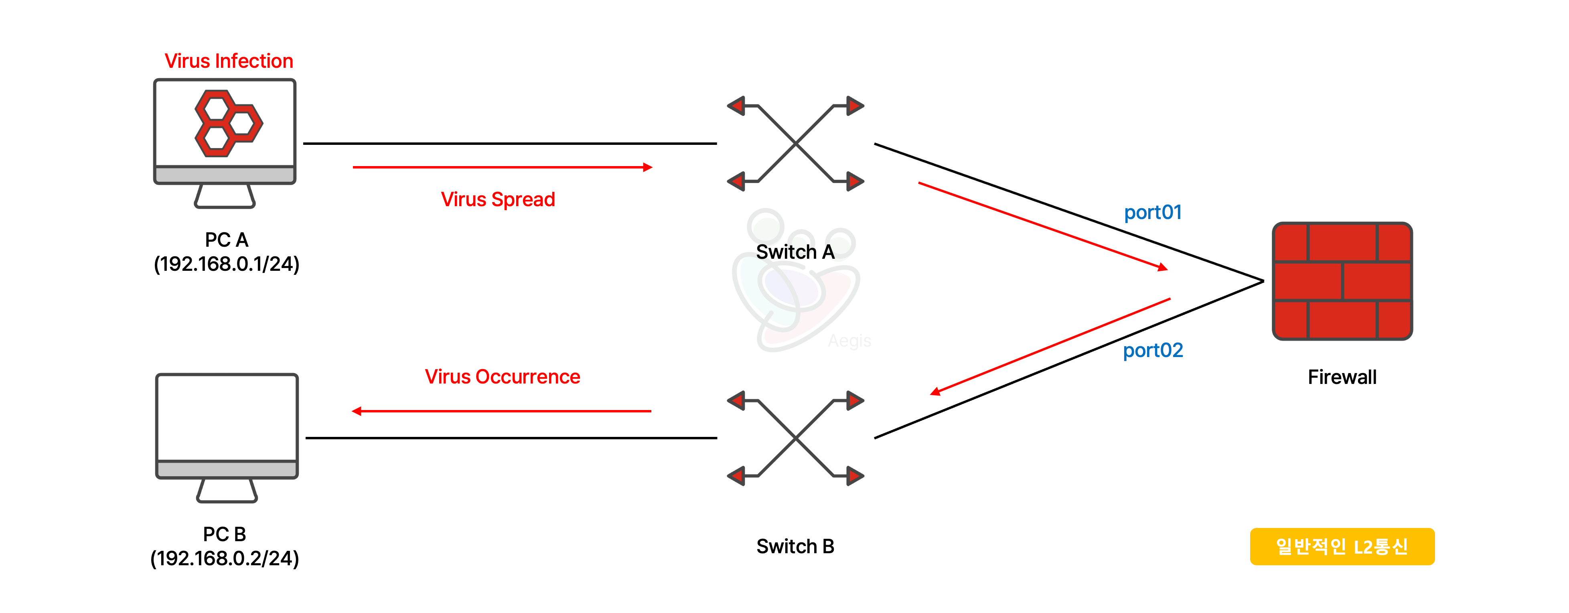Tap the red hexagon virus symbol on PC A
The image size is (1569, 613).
228,123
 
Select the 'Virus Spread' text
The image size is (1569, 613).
498,199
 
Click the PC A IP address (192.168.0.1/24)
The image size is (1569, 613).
227,264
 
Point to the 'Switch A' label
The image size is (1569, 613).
795,252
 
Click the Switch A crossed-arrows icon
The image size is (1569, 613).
795,144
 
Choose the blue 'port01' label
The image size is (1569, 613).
1152,212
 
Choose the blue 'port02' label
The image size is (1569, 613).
1152,350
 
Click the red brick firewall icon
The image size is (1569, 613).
1342,281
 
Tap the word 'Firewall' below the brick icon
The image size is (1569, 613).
1342,377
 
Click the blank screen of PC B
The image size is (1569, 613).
227,417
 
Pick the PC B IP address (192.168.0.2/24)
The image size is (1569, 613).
225,558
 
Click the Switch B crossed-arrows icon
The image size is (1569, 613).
795,438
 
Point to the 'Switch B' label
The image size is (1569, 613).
795,546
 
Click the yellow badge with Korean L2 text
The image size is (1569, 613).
1342,546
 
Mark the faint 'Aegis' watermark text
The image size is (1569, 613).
849,341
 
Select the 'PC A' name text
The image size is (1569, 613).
227,240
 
